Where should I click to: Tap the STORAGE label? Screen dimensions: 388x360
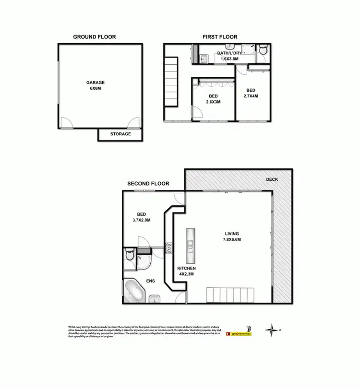[x=120, y=134]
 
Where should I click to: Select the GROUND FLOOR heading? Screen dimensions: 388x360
[x=94, y=37]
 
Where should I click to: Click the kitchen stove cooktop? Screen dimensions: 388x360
[x=169, y=248]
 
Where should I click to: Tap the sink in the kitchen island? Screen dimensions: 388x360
[x=191, y=246]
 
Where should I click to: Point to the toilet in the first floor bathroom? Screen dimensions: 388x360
[x=263, y=51]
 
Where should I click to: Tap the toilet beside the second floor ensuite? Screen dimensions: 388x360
[x=128, y=254]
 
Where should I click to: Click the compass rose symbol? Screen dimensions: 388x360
[x=273, y=330]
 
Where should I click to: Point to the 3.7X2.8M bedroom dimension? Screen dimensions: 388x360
[x=141, y=221]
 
